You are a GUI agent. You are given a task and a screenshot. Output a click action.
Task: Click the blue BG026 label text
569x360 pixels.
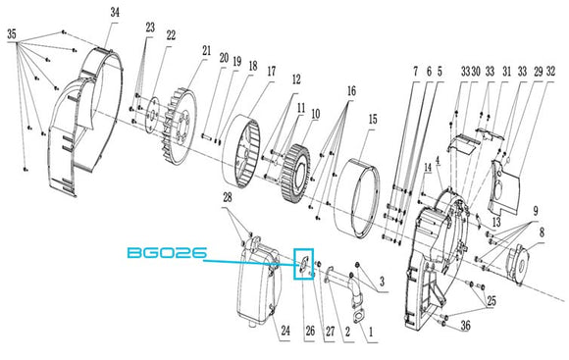point(167,252)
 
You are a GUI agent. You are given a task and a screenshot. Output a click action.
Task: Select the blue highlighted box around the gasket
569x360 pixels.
point(304,249)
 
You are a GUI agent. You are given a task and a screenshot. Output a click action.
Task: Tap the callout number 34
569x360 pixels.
point(115,13)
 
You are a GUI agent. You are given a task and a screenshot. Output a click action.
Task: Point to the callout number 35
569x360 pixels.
point(12,34)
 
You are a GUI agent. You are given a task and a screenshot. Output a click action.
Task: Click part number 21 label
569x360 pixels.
point(206,50)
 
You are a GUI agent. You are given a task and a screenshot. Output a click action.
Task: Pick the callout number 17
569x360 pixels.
point(272,72)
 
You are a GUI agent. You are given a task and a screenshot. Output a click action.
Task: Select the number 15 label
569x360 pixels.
point(373,119)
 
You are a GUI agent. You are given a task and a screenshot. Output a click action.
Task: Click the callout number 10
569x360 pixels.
point(316,114)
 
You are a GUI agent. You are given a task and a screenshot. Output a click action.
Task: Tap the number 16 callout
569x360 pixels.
point(351,90)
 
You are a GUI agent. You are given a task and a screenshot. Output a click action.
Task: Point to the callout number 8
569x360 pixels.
point(542,232)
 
